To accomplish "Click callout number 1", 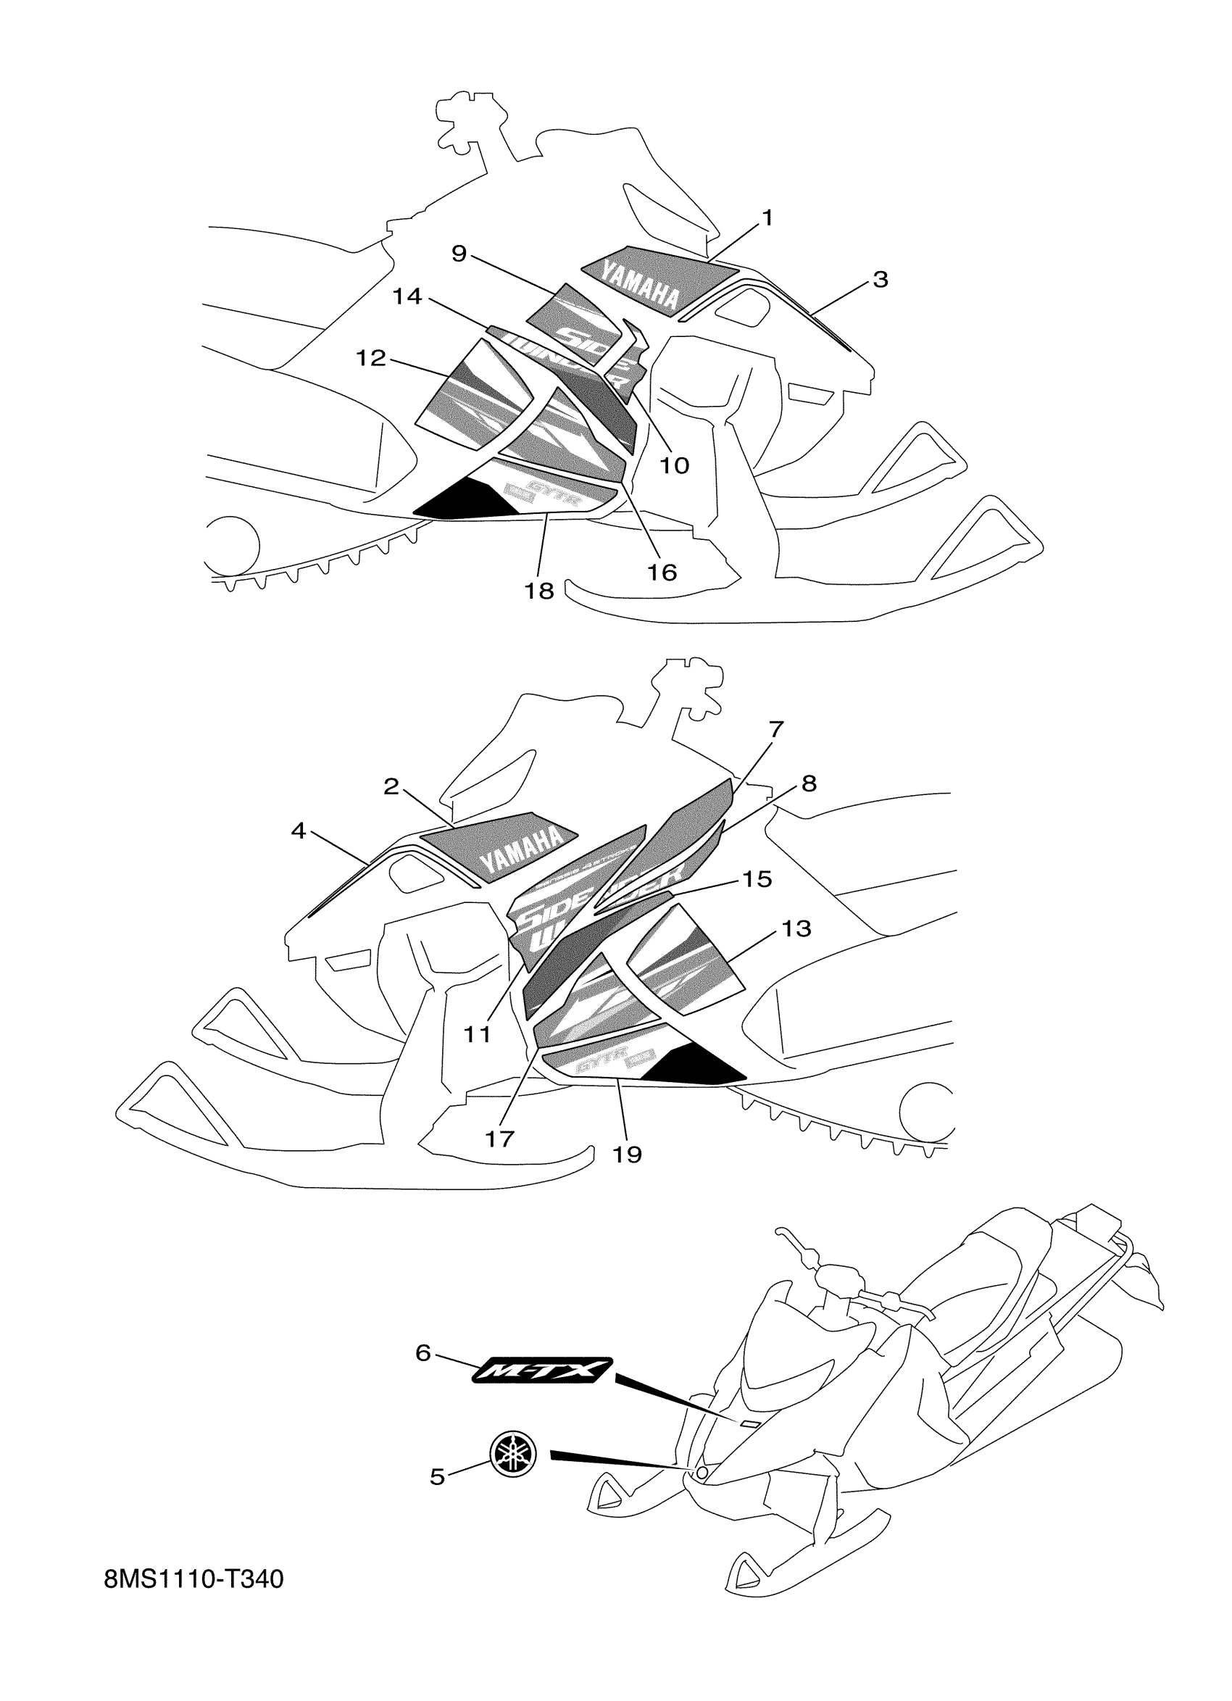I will click(766, 218).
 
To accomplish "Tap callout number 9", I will click(459, 254).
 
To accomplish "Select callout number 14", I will click(407, 297).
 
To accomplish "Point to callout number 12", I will click(370, 358).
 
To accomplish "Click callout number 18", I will click(538, 591).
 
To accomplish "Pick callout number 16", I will click(662, 573).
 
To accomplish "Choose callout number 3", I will click(881, 279).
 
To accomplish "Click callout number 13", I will click(796, 928).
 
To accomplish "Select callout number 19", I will click(627, 1155).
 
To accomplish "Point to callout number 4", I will click(299, 831).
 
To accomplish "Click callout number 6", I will click(423, 1354).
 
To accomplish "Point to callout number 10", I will click(673, 466).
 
